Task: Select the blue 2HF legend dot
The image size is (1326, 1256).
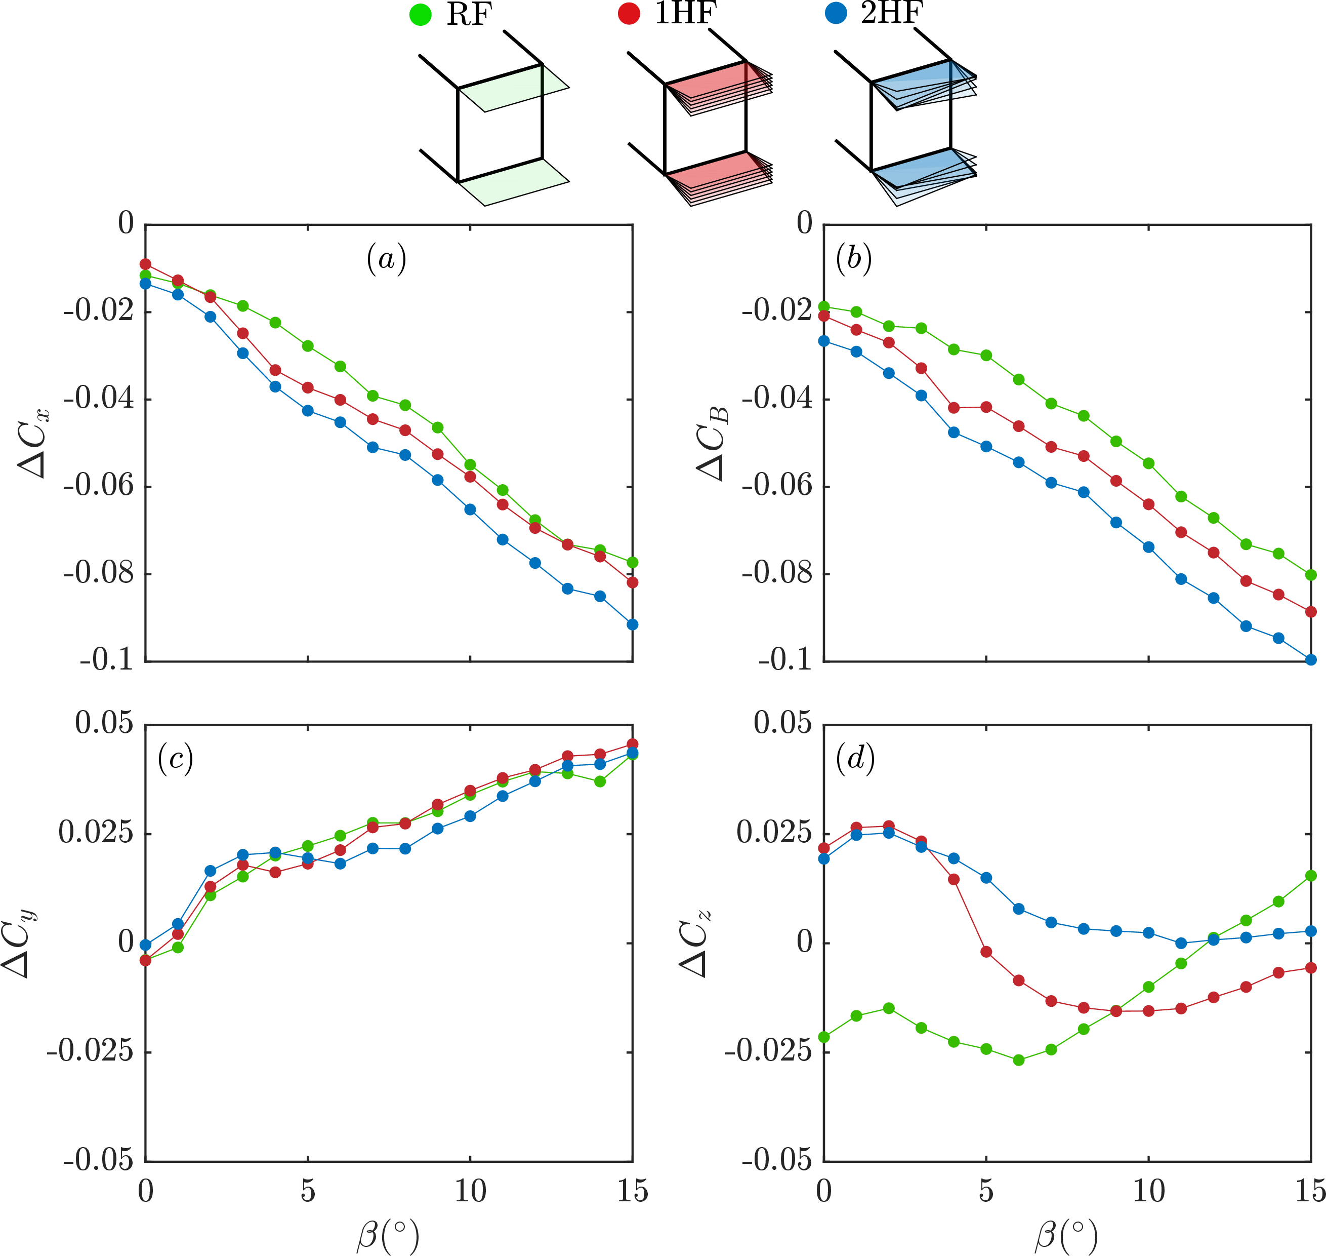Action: click(836, 13)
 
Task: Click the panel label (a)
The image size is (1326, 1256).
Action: click(386, 258)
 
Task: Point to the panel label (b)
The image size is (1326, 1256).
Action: click(854, 258)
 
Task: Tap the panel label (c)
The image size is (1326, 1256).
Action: click(175, 759)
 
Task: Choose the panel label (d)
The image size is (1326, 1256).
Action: click(855, 759)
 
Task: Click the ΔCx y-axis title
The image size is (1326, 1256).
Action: click(34, 443)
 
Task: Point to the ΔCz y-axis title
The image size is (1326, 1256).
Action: click(696, 944)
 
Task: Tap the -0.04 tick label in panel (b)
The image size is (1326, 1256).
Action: click(777, 399)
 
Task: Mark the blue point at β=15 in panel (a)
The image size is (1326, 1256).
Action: click(632, 624)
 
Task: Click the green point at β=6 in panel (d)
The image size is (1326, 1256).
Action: click(1019, 1061)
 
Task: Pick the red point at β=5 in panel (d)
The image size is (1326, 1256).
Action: click(986, 952)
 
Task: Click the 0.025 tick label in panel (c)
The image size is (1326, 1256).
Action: click(96, 834)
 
